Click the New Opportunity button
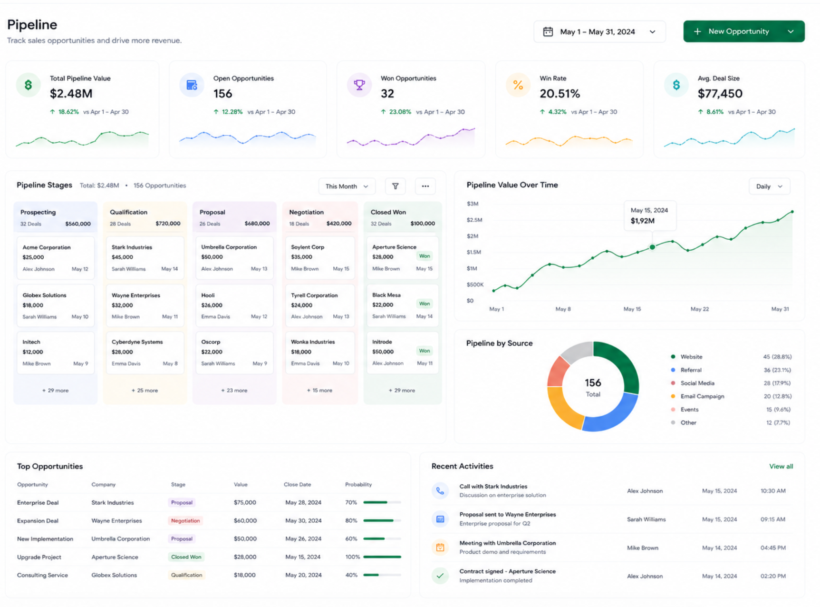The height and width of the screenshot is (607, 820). tap(743, 31)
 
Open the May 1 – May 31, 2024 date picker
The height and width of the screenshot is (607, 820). tap(599, 32)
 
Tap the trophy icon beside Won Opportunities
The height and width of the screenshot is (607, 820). tap(359, 85)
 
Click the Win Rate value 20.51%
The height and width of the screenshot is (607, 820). tap(560, 94)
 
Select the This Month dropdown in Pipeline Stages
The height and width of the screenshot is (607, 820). tap(347, 186)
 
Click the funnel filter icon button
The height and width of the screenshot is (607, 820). tap(396, 186)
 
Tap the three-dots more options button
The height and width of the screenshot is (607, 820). tap(425, 186)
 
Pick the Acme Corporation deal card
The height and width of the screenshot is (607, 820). tap(56, 258)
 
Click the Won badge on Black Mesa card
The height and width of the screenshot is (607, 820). tap(424, 303)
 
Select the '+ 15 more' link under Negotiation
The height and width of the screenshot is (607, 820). tap(319, 391)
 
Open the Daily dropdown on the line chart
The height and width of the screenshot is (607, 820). tap(769, 186)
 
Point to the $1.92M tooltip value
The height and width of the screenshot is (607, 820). tap(643, 221)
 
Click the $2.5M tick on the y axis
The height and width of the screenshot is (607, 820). tap(474, 220)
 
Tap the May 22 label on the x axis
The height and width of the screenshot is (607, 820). tap(700, 309)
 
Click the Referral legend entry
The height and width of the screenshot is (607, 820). tap(691, 370)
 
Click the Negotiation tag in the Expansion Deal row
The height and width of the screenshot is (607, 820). tap(185, 521)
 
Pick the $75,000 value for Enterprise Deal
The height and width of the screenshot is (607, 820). tap(245, 503)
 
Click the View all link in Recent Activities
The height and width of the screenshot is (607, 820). tap(781, 467)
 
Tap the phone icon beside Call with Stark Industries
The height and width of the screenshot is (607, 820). tap(440, 491)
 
